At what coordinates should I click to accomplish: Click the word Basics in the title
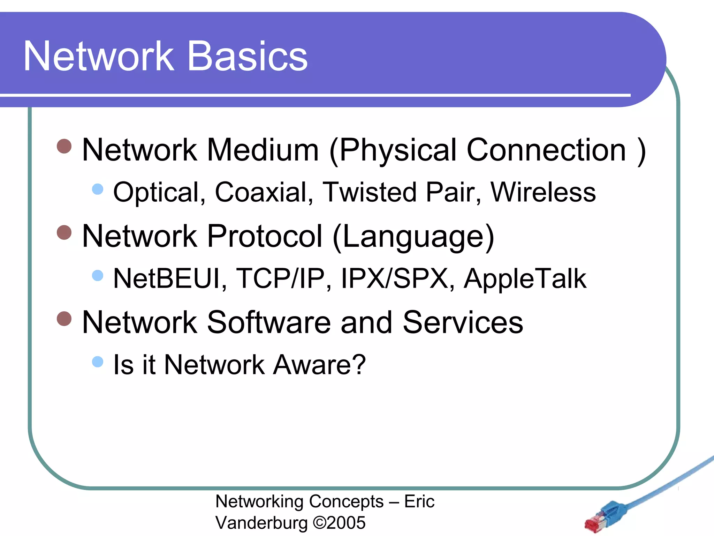pos(248,57)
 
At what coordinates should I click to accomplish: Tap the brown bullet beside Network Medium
pos(64,146)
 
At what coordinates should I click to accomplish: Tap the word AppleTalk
pos(525,278)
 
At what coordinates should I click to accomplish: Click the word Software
pos(268,322)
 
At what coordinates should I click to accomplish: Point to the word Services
pos(463,322)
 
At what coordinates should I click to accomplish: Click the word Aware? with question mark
pos(319,365)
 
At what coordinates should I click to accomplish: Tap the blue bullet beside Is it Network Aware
pos(98,362)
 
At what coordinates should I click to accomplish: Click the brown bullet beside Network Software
pos(64,319)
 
